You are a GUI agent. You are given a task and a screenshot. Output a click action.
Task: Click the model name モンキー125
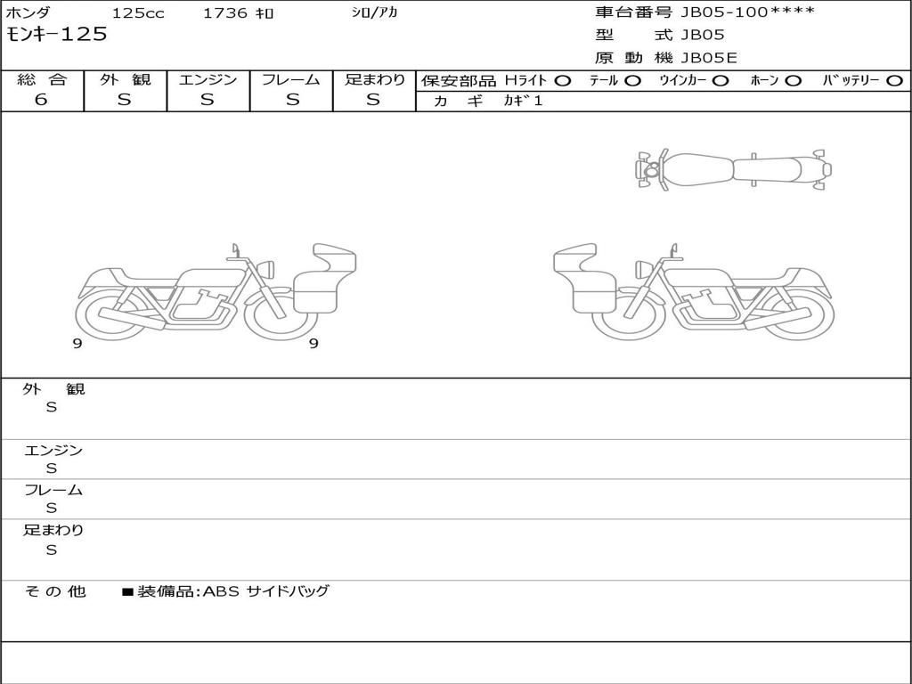(x=56, y=34)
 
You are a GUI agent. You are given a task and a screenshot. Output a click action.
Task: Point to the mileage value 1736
(x=225, y=12)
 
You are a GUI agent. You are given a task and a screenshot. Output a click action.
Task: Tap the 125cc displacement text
(x=138, y=12)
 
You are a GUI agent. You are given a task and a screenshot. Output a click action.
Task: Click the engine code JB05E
(x=708, y=58)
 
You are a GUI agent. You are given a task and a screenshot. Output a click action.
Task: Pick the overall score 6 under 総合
(x=41, y=99)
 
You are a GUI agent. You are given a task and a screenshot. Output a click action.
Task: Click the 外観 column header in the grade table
(x=125, y=79)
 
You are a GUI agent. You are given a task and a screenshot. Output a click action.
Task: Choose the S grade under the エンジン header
(x=208, y=100)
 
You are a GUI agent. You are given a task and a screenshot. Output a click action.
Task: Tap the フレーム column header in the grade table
(x=291, y=79)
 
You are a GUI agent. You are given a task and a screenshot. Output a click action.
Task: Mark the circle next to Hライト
(x=563, y=81)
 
